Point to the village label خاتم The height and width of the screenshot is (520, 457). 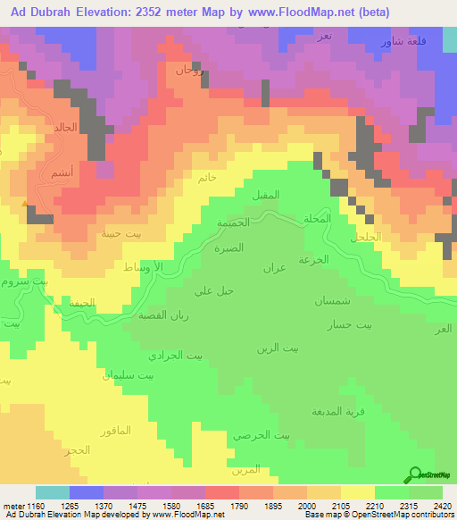click(206, 178)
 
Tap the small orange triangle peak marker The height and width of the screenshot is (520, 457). click(25, 203)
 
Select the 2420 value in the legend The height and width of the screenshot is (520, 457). click(444, 507)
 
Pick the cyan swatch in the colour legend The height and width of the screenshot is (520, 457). click(53, 492)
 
